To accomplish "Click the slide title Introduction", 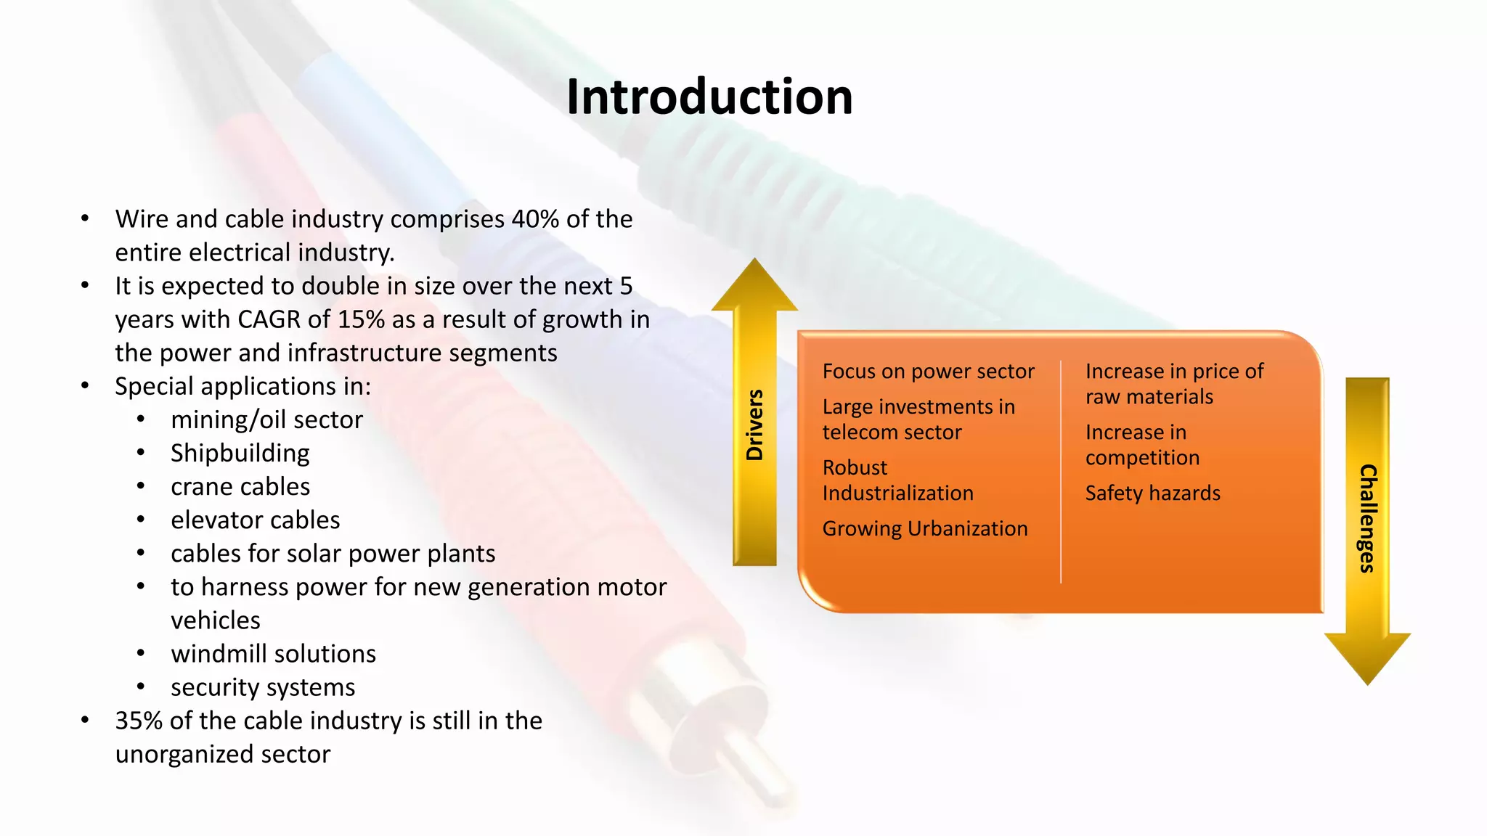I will tap(709, 97).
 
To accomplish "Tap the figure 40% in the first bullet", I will tap(535, 219).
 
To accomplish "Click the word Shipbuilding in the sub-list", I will tap(240, 454).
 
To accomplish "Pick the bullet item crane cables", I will tap(240, 487).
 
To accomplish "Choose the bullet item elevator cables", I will tap(255, 520).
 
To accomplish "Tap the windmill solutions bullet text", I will tap(273, 654).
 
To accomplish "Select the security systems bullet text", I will tap(263, 687).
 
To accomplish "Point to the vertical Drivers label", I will tap(755, 425).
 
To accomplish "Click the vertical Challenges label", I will tap(1368, 518).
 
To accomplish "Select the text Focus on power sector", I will tap(928, 372).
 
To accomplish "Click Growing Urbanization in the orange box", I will tap(925, 528).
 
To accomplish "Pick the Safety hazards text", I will tap(1152, 493).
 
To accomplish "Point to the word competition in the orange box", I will tap(1142, 458).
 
